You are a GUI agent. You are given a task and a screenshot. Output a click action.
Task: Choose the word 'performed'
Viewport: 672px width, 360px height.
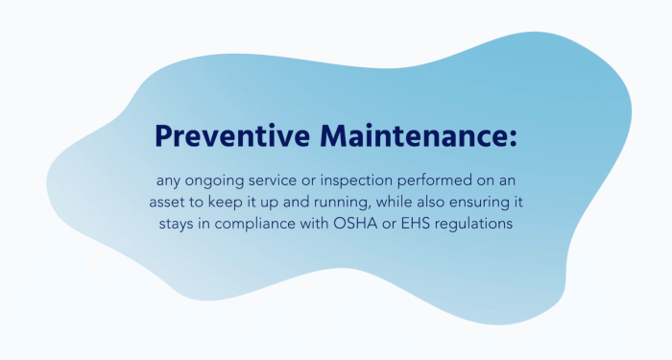(x=444, y=181)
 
